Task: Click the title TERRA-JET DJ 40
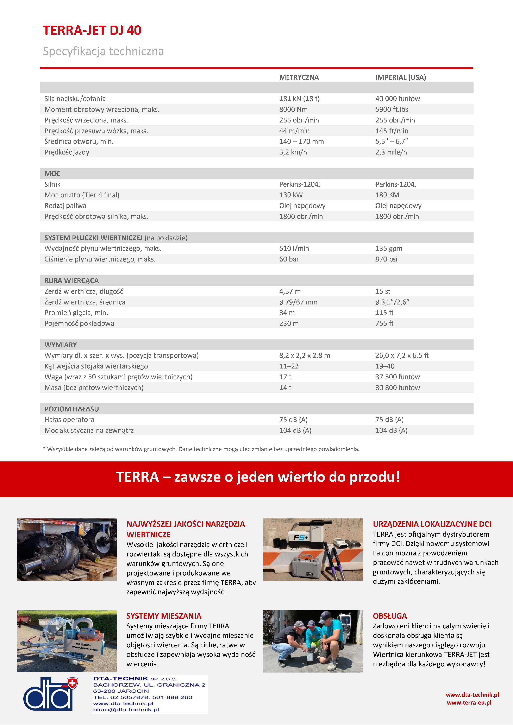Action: (x=92, y=31)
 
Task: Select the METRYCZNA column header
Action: (x=299, y=77)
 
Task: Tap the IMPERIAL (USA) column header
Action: (x=400, y=77)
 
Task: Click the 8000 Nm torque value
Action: (x=293, y=109)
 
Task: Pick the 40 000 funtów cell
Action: (x=397, y=99)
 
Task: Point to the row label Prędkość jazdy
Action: (x=67, y=152)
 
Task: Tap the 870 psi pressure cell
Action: (x=386, y=259)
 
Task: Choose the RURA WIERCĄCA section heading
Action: (x=71, y=281)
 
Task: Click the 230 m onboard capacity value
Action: (x=289, y=323)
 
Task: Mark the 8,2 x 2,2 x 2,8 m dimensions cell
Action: (x=305, y=355)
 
